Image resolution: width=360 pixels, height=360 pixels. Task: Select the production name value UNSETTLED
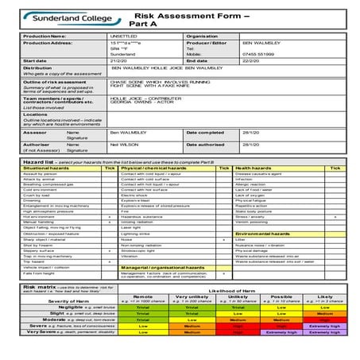(x=126, y=36)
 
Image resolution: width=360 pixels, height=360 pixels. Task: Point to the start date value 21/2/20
(x=120, y=60)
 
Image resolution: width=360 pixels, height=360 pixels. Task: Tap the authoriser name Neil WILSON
(x=126, y=145)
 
